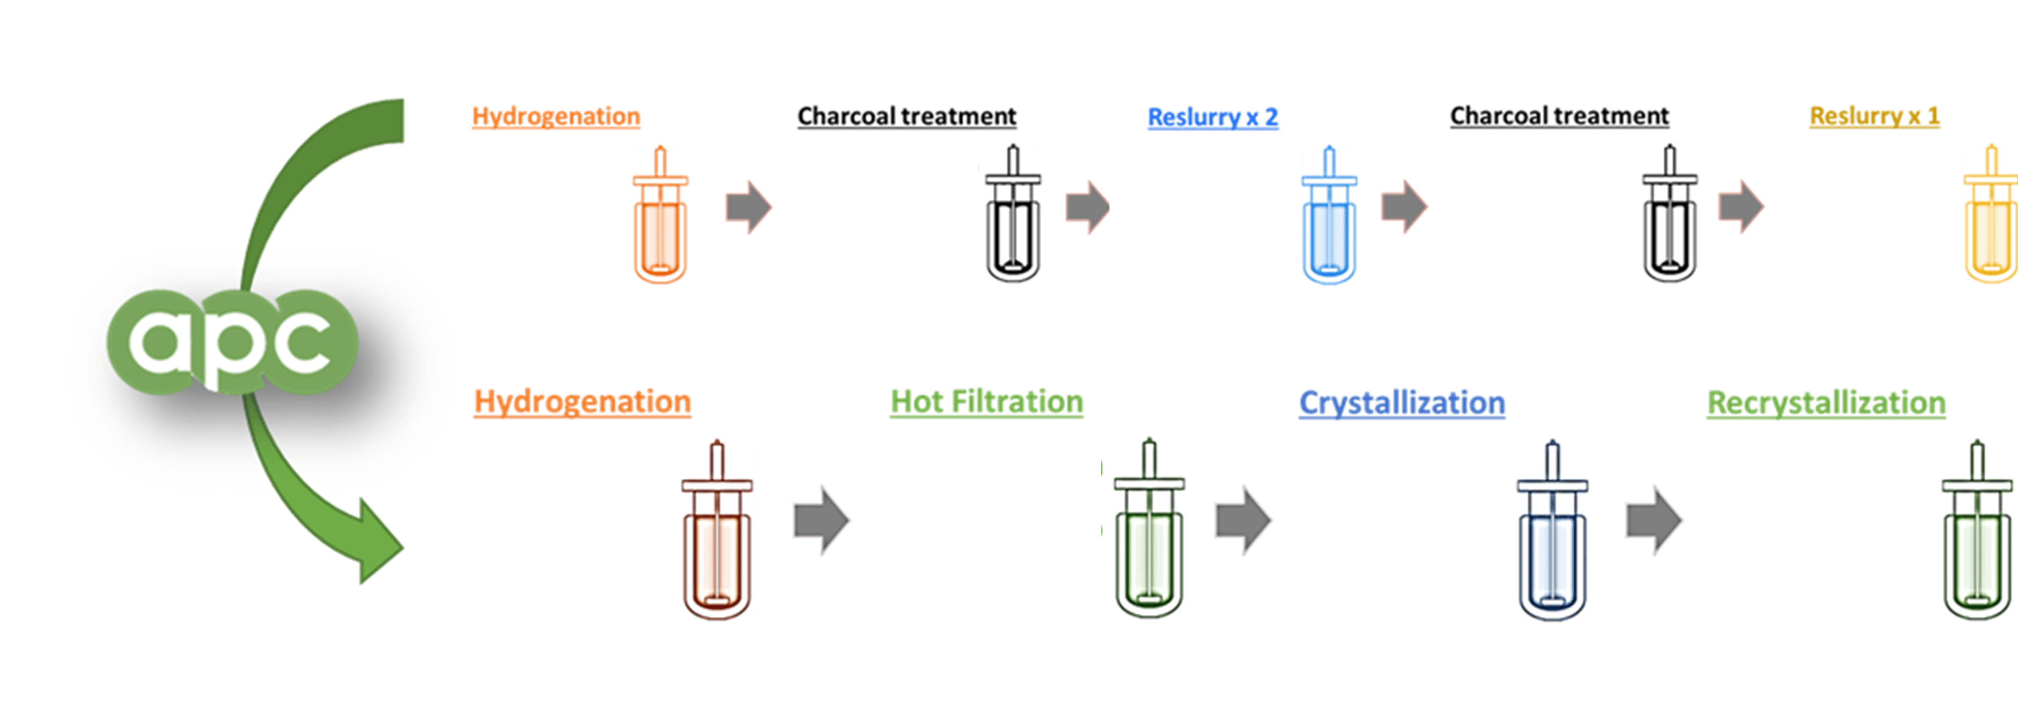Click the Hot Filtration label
[x=986, y=402]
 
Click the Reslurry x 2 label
[x=1212, y=117]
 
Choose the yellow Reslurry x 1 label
[x=1875, y=116]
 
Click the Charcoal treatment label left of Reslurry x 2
[x=906, y=116]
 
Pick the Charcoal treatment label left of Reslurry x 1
[x=1559, y=116]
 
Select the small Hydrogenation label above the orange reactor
[x=556, y=116]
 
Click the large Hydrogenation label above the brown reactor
[x=582, y=402]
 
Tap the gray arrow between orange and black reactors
[x=748, y=207]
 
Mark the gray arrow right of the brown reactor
[x=821, y=520]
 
